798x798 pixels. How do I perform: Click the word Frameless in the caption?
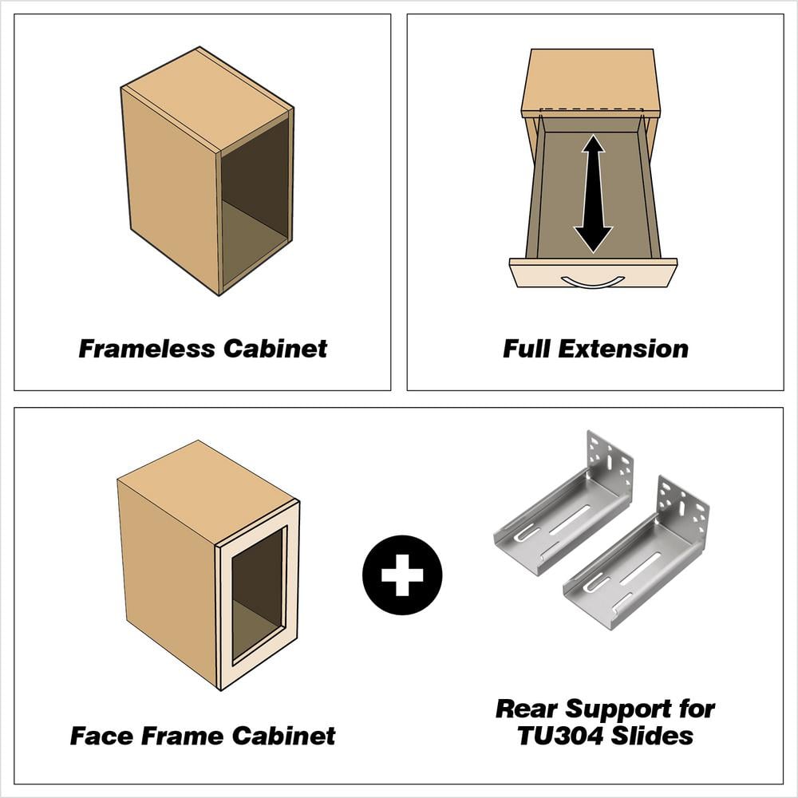click(147, 349)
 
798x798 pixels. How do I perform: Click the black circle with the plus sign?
click(402, 575)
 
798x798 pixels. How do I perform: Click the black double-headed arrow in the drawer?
click(593, 193)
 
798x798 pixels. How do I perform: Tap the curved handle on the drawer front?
click(592, 282)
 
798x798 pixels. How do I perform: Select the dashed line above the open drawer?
click(591, 109)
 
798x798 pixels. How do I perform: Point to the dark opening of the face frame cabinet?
click(258, 595)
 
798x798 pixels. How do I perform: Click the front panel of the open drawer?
click(594, 273)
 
